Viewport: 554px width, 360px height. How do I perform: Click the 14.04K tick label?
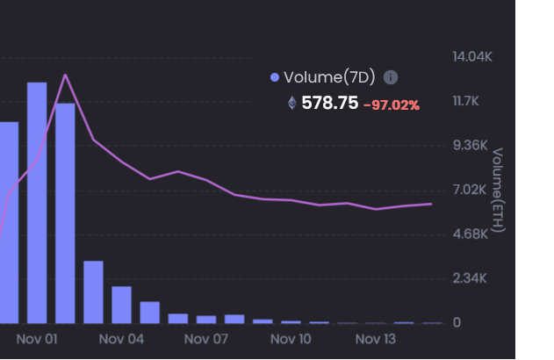point(471,57)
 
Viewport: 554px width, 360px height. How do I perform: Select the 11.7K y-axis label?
point(467,102)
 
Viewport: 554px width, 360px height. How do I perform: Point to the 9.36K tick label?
point(470,146)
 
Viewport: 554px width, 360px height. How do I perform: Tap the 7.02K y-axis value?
point(470,191)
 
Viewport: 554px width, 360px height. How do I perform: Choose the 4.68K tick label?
point(470,234)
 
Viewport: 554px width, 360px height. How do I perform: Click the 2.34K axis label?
point(470,279)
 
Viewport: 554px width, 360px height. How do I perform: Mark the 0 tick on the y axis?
point(457,323)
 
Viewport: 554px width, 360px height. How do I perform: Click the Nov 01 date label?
point(36,338)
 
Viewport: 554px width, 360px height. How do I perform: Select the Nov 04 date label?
point(121,338)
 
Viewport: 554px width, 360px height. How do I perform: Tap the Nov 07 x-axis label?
point(206,338)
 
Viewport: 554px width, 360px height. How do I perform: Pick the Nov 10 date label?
point(291,338)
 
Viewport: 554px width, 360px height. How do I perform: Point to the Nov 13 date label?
point(376,338)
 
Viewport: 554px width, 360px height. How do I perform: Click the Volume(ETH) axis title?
point(498,191)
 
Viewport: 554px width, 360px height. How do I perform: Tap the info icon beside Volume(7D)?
point(391,77)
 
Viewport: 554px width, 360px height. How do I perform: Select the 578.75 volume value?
point(329,104)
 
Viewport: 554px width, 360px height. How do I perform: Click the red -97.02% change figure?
point(392,105)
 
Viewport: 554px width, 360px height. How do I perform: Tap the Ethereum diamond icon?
point(292,104)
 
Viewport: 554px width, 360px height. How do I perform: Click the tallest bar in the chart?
point(37,202)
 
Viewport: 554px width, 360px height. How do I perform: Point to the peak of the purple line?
point(65,76)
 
